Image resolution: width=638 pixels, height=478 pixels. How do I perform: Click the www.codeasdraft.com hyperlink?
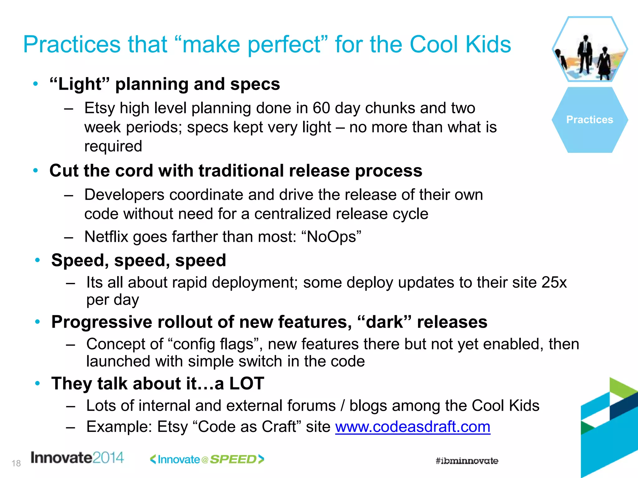pyautogui.click(x=412, y=427)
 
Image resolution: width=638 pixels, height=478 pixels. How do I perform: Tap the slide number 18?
pyautogui.click(x=16, y=463)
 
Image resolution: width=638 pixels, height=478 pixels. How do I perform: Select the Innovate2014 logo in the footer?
pyautogui.click(x=77, y=458)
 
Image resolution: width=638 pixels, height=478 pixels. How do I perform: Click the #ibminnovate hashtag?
pyautogui.click(x=467, y=461)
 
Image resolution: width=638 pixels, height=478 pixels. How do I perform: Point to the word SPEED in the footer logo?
pyautogui.click(x=233, y=459)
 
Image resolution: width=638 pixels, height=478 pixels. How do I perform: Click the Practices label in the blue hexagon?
pyautogui.click(x=589, y=120)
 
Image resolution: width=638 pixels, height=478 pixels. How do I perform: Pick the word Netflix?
pyautogui.click(x=106, y=237)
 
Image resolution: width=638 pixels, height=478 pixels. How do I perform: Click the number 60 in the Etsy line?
pyautogui.click(x=321, y=108)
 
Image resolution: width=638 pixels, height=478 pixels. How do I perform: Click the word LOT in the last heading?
pyautogui.click(x=247, y=383)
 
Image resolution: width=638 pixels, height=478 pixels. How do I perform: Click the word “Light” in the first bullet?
pyautogui.click(x=80, y=84)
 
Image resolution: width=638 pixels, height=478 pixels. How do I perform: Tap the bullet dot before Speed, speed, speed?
pyautogui.click(x=38, y=260)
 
